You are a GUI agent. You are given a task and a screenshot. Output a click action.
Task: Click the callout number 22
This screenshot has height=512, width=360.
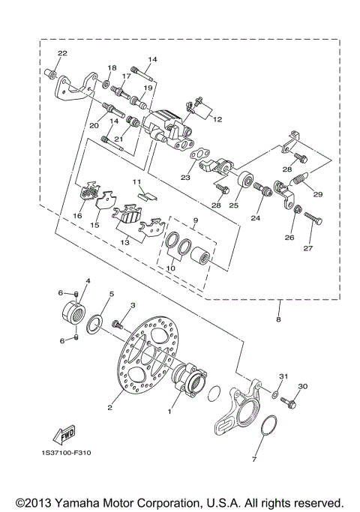[x=61, y=53]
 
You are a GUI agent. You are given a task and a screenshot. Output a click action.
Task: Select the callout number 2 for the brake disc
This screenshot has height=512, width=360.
[x=109, y=407]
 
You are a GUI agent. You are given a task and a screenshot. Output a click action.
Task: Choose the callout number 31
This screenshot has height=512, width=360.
[x=283, y=376]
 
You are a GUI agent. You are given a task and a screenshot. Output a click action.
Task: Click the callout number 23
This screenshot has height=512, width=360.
[x=184, y=178]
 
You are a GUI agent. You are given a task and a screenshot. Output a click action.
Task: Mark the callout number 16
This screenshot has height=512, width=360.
[x=76, y=215]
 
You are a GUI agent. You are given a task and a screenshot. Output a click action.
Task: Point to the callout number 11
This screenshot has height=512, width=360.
[x=136, y=182]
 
